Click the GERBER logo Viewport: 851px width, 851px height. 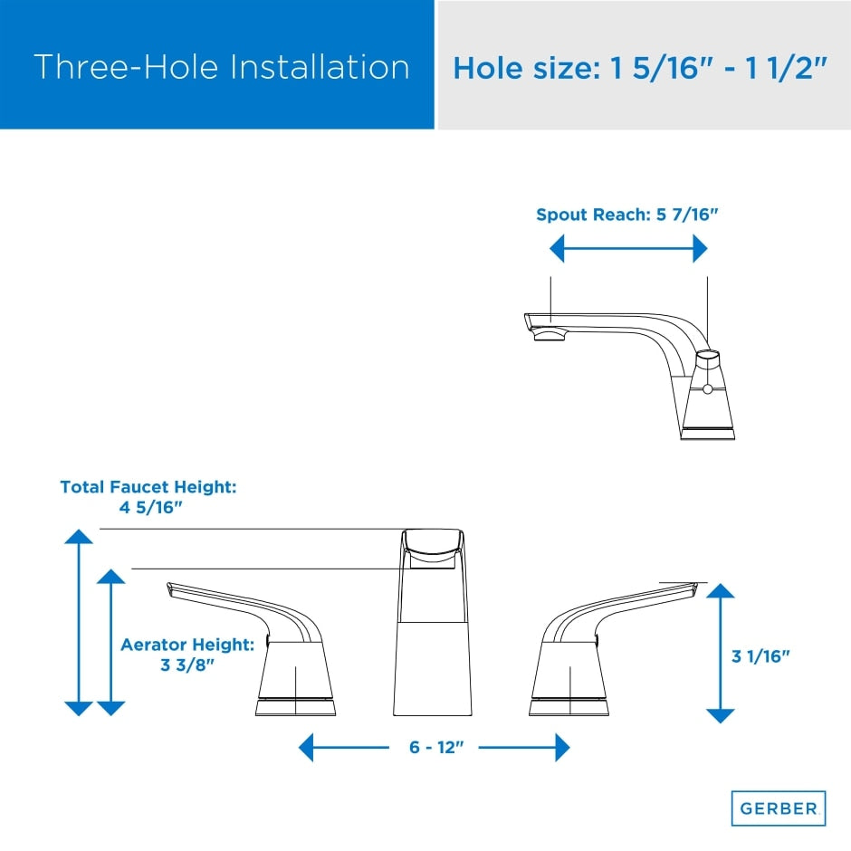pos(779,808)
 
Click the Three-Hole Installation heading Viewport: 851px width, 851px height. pos(221,67)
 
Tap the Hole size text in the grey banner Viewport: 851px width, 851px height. pos(640,68)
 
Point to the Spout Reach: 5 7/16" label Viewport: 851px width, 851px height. pos(626,215)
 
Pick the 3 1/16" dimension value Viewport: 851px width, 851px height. pos(760,655)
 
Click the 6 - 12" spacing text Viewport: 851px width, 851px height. pos(435,748)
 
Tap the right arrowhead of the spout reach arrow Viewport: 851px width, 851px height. pos(700,248)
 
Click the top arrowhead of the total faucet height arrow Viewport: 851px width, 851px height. pos(80,536)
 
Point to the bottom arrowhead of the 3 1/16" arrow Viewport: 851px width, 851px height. pos(720,714)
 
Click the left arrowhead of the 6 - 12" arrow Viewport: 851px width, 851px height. pos(307,748)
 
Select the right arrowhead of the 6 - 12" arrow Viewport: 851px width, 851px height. pos(562,748)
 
